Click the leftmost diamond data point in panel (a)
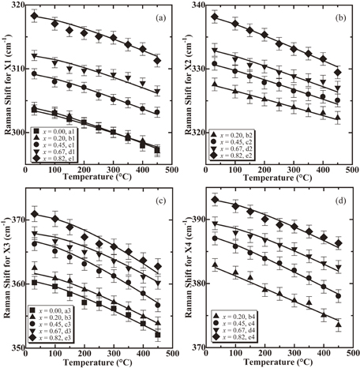(x=34, y=16)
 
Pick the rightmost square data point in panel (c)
(x=157, y=334)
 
